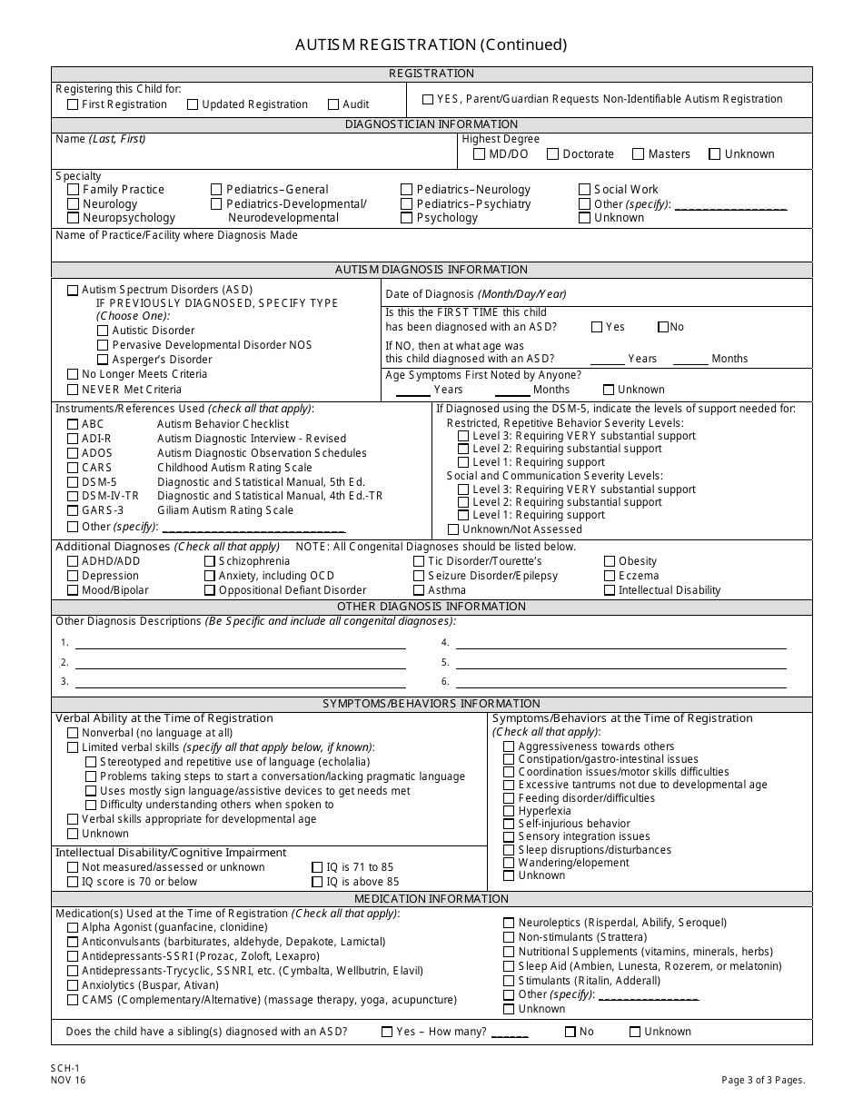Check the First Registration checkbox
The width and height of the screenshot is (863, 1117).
coord(73,104)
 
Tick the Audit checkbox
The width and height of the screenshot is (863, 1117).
coord(333,104)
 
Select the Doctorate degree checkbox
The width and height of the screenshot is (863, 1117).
coord(552,154)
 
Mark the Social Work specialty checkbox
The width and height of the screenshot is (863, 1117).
coord(585,190)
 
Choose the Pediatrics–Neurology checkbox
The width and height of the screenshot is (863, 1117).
coord(407,190)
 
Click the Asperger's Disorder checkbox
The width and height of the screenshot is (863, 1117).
coord(103,360)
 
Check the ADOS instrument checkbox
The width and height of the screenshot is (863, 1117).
coord(73,453)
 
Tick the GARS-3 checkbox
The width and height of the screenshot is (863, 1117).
coord(73,510)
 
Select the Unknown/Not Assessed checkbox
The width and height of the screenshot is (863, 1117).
coord(453,529)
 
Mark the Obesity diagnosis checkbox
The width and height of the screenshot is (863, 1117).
coord(610,562)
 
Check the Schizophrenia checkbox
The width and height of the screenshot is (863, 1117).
coord(210,562)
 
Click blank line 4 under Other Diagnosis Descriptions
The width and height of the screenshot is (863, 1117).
coord(620,643)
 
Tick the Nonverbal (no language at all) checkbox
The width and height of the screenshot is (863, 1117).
coord(73,733)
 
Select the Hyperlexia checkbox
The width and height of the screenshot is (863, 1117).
coord(509,811)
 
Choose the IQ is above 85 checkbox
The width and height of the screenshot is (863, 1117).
coord(318,882)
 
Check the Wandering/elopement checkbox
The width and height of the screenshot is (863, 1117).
coord(509,863)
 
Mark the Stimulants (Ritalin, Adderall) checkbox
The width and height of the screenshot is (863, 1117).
coord(509,981)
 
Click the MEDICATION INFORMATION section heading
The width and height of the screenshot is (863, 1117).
coord(431,899)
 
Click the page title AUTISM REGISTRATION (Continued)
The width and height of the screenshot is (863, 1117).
coord(431,44)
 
